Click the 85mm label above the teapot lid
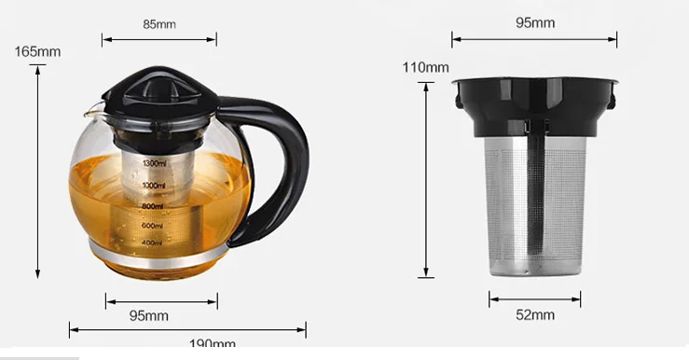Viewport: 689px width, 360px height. click(158, 23)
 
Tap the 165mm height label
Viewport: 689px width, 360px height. click(37, 51)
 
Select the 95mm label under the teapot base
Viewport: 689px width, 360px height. click(148, 316)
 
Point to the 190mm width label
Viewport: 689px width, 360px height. click(212, 345)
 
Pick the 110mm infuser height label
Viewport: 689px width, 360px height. click(425, 67)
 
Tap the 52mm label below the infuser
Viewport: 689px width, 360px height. click(534, 314)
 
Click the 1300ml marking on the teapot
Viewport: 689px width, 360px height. click(154, 163)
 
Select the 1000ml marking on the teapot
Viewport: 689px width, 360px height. click(154, 186)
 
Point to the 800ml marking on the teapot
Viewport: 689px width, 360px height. click(154, 206)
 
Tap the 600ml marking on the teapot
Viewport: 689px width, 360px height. click(152, 226)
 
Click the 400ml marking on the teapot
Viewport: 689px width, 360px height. click(152, 243)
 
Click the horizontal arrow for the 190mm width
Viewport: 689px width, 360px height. click(187, 328)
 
